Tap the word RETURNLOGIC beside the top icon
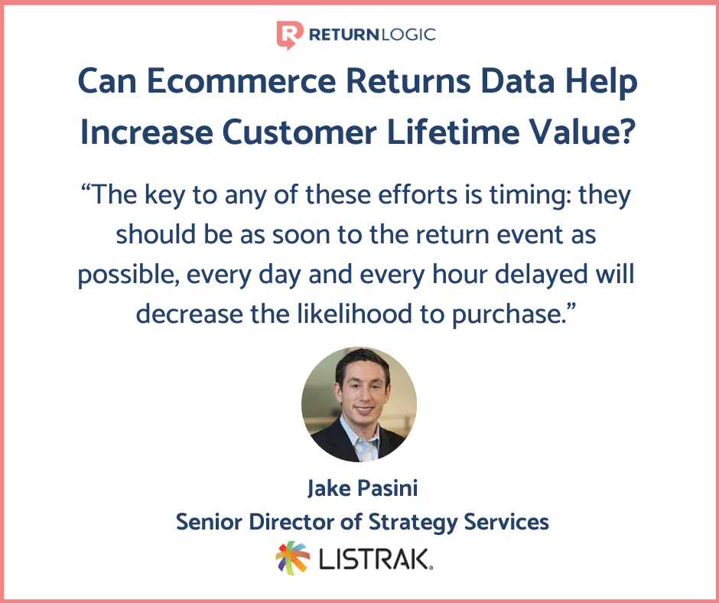371,34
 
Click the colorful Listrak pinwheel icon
293,558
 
